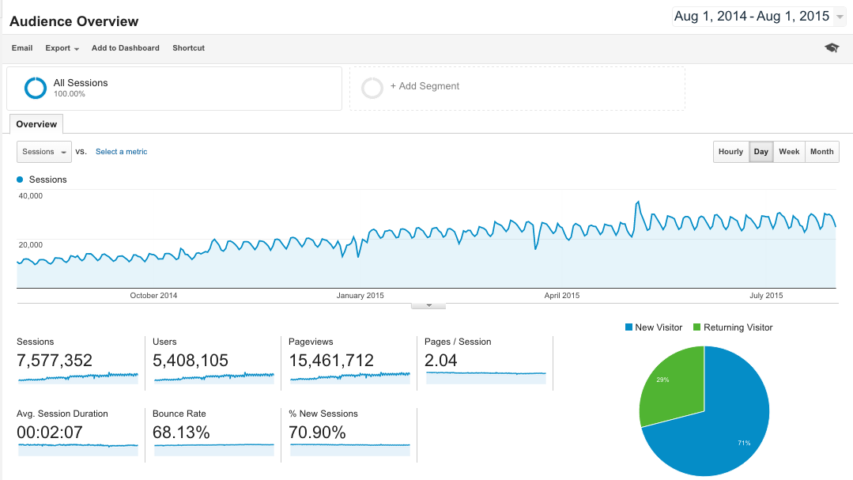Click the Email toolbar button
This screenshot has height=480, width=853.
coord(22,48)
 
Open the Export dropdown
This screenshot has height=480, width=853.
coord(62,48)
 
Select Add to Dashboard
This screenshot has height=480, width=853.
coord(125,48)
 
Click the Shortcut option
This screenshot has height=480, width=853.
coord(188,48)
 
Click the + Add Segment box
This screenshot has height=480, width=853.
coord(517,87)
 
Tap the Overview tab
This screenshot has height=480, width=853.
coord(36,124)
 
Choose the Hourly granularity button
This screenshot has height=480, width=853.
coord(730,152)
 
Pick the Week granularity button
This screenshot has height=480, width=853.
coord(789,152)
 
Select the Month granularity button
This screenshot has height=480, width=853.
coord(821,152)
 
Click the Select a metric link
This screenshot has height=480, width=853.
coord(121,152)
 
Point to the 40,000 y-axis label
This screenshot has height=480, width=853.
coord(30,196)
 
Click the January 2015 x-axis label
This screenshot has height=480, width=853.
coord(360,296)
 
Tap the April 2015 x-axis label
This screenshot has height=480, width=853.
coord(561,296)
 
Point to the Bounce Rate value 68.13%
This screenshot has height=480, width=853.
coord(181,433)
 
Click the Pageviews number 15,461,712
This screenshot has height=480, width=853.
coord(337,361)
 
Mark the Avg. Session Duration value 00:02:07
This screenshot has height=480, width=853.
coord(49,433)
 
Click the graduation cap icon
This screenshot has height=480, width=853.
coord(832,48)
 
